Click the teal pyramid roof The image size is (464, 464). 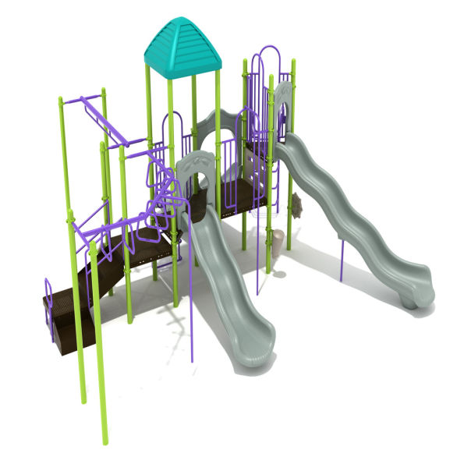pos(183,46)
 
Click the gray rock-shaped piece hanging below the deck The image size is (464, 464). pos(297,206)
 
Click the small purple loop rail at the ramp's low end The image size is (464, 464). pos(50,294)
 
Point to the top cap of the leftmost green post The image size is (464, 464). pos(60,98)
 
